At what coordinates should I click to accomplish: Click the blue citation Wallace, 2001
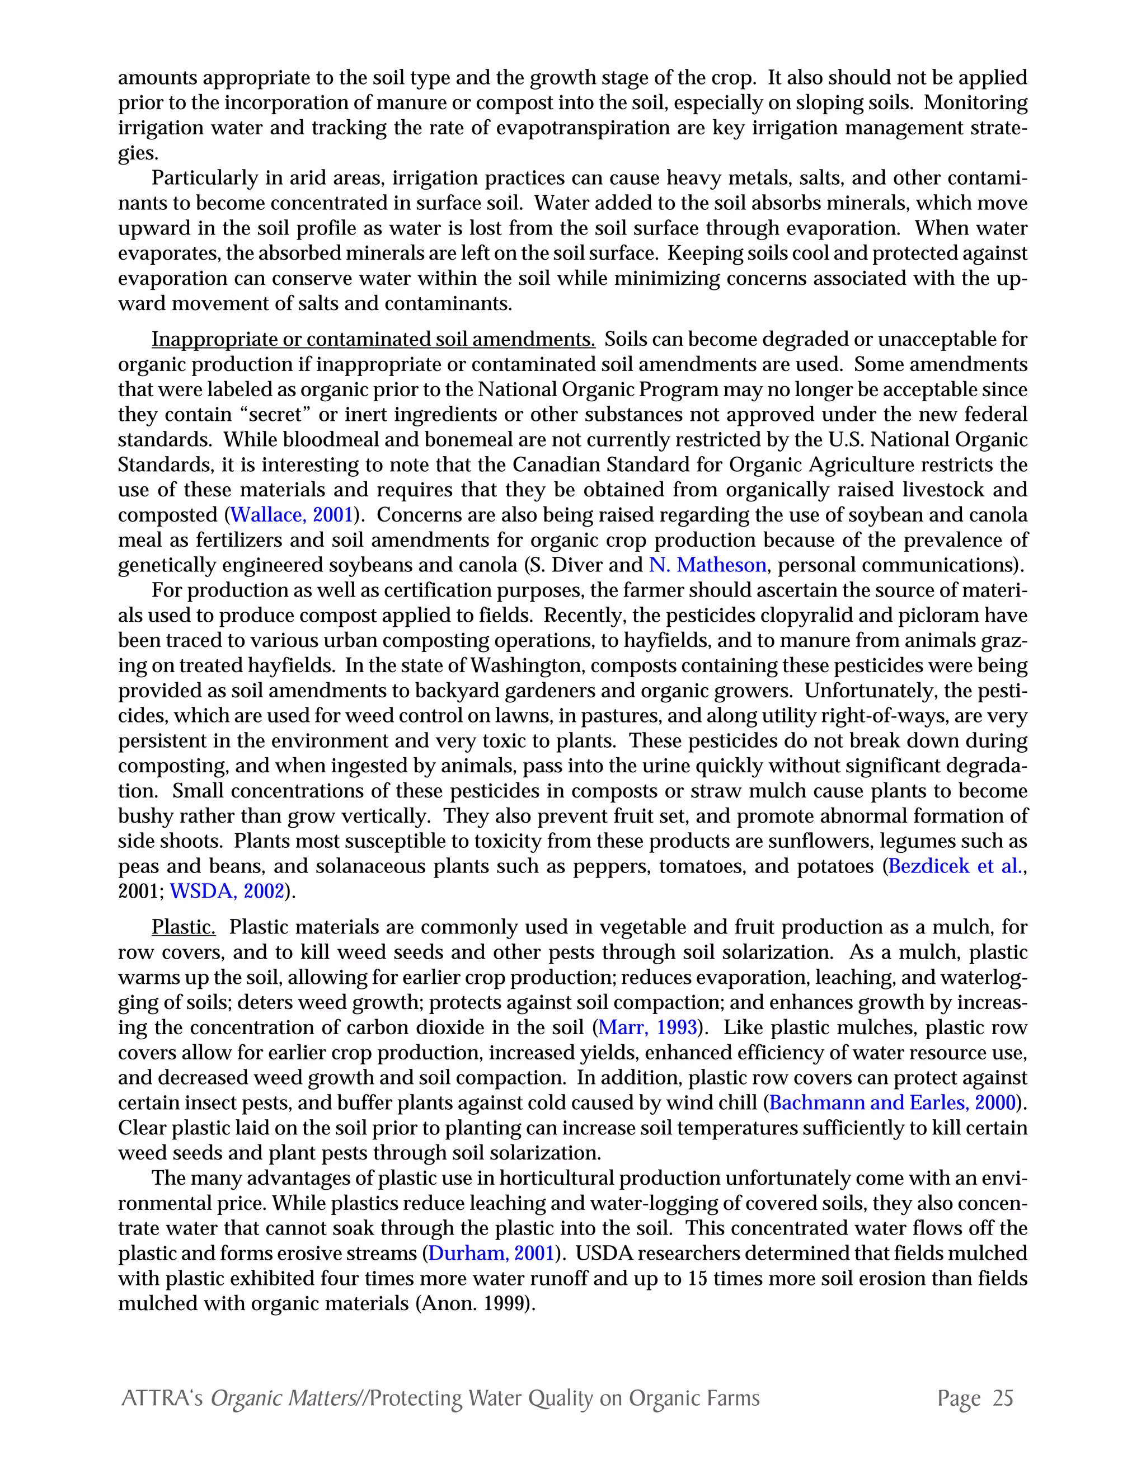click(292, 515)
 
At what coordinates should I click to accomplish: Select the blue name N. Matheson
click(707, 566)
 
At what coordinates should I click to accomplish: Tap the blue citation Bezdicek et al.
click(955, 867)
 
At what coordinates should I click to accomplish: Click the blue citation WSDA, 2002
click(227, 892)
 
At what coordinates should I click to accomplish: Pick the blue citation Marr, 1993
click(647, 1028)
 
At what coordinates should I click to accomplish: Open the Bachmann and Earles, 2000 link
click(892, 1104)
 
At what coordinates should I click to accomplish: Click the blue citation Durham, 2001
click(491, 1254)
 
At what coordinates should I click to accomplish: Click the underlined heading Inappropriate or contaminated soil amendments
click(373, 340)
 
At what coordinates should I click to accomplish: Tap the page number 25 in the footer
click(1003, 1398)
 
